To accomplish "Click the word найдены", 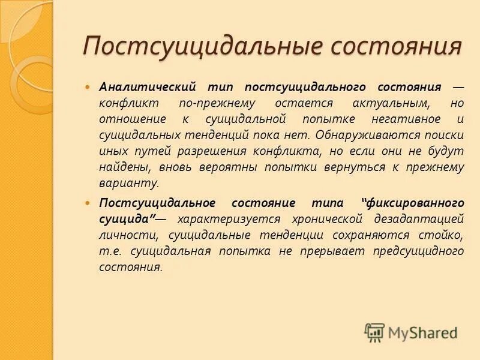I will pyautogui.click(x=120, y=167).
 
